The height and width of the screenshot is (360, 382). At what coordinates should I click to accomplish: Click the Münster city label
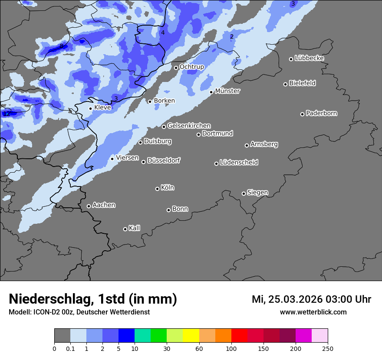[x=227, y=91]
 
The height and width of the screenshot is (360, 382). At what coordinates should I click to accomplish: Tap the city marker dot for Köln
[x=157, y=189]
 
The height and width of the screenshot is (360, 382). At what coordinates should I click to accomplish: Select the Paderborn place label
[x=321, y=113]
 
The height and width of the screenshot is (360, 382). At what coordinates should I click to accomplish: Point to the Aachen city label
[x=104, y=205]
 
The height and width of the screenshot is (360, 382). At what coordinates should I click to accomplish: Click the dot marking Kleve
[x=90, y=108]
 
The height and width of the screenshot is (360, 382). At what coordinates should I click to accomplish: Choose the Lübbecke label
[x=309, y=58]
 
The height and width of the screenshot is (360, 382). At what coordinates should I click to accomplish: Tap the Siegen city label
[x=257, y=193]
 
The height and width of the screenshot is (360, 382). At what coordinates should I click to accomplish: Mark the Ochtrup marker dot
[x=176, y=68]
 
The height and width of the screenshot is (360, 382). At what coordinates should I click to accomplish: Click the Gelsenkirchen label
[x=189, y=126]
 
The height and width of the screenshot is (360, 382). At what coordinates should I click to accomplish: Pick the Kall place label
[x=134, y=228]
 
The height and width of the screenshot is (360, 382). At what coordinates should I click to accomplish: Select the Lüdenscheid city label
[x=239, y=163]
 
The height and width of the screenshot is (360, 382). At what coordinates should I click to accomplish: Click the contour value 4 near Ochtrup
[x=163, y=33]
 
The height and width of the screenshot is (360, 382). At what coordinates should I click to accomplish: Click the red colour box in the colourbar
[x=239, y=336]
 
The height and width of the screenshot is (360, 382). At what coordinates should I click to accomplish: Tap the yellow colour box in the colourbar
[x=191, y=336]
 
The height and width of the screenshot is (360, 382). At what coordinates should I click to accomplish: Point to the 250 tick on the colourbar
[x=328, y=348]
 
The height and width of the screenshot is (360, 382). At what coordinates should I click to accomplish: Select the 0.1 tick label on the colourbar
[x=70, y=348]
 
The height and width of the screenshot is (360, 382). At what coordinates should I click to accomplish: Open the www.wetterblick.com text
[x=313, y=312]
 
